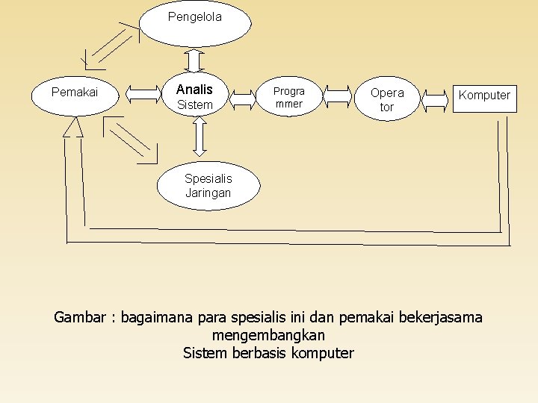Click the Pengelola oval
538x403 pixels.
(195, 23)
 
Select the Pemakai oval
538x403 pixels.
(75, 93)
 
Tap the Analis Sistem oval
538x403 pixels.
(195, 96)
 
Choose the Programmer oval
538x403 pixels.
(289, 97)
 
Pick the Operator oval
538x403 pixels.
(386, 99)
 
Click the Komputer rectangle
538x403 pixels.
(484, 96)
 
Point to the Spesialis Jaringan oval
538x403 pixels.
(208, 186)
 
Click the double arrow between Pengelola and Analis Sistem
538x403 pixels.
(194, 59)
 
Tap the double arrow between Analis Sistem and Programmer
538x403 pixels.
(243, 98)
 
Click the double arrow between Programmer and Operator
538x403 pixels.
(338, 97)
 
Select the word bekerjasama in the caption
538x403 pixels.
(441, 318)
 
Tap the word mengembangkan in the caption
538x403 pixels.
(268, 335)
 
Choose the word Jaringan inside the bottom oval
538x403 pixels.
(208, 193)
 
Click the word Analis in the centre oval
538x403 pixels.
(194, 90)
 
